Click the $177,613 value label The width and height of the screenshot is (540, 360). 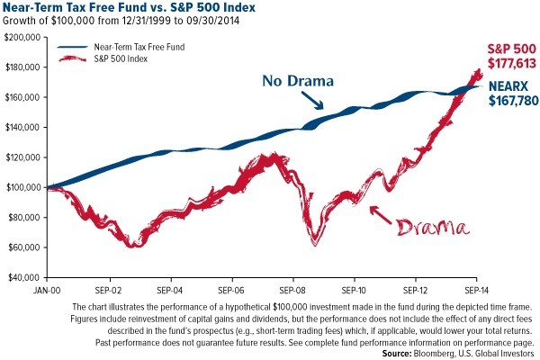pos(513,64)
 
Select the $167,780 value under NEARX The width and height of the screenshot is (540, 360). pos(514,102)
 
